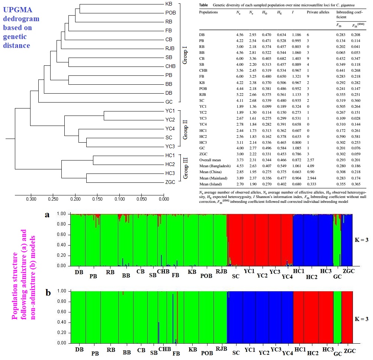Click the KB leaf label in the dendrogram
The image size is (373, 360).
168,4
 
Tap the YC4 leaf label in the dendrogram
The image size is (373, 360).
170,129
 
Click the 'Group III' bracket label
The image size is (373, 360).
185,168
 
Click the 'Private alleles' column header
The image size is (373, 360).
317,12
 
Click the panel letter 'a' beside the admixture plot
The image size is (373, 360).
47,215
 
